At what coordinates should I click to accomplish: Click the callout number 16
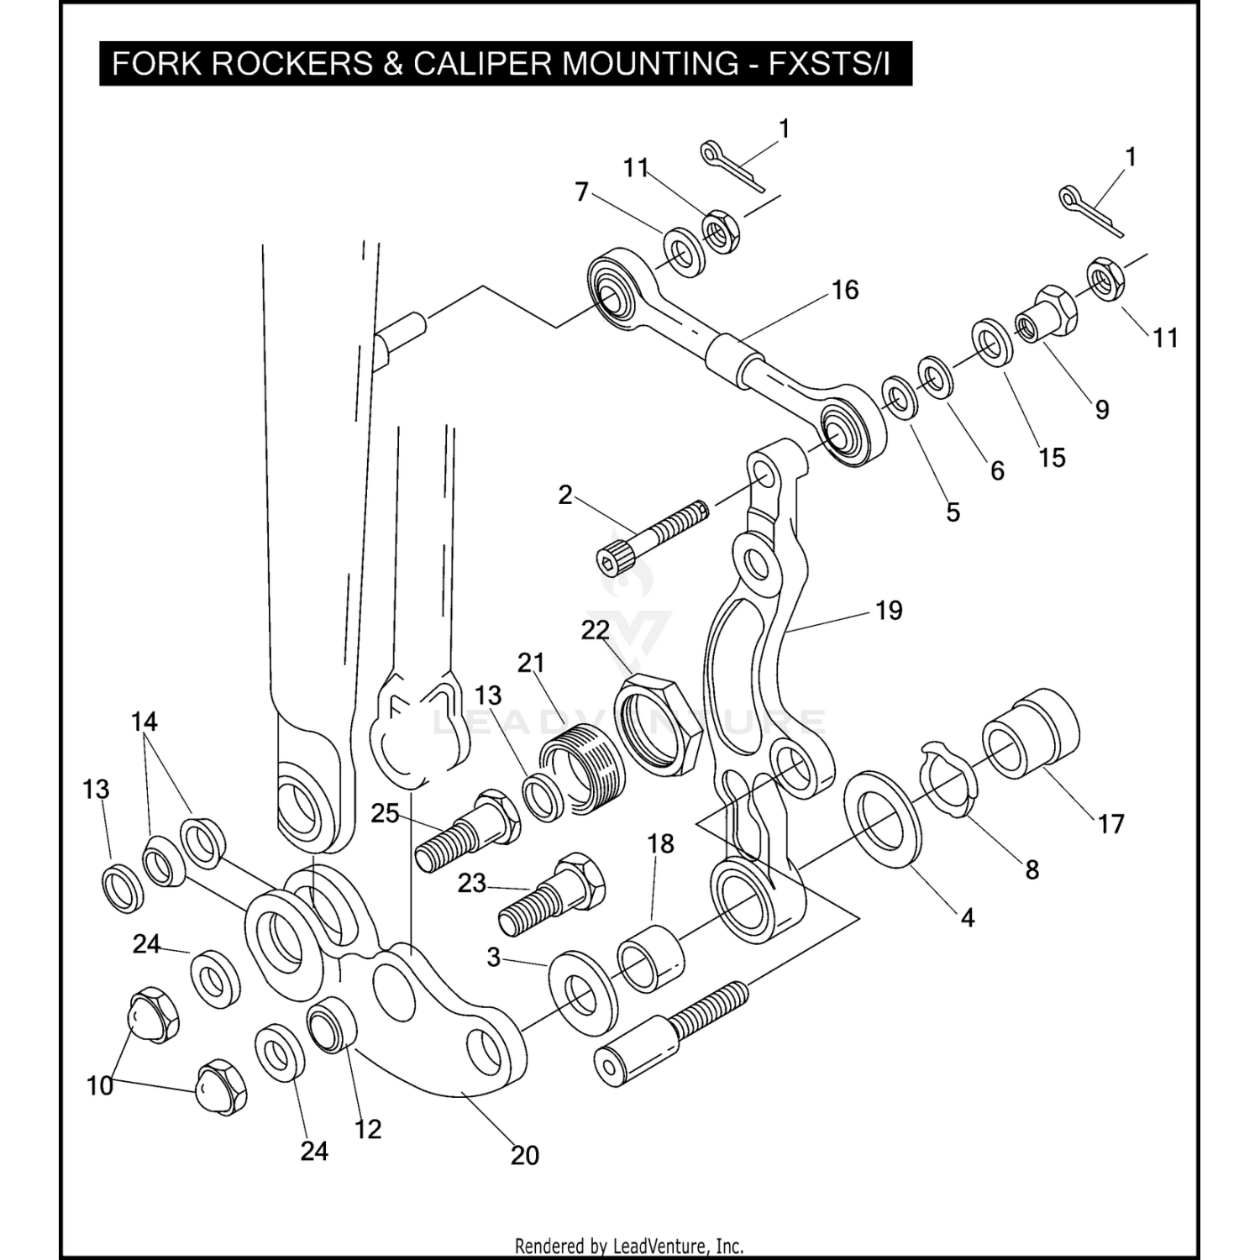[845, 290]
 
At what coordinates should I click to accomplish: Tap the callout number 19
[889, 610]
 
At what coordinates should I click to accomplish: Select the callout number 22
[595, 630]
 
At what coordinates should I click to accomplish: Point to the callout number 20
[525, 1155]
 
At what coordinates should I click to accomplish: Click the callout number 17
[1110, 824]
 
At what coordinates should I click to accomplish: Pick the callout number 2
[565, 495]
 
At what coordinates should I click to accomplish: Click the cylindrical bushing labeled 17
[1032, 731]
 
